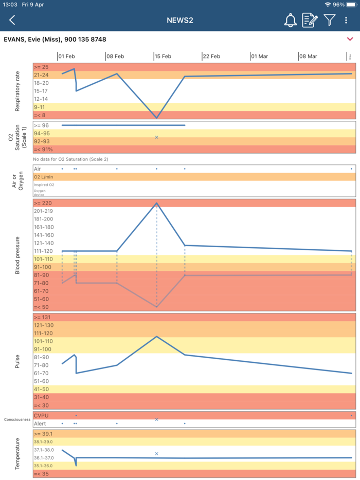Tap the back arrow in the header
(x=12, y=20)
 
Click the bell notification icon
(x=290, y=20)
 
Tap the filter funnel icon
(x=329, y=20)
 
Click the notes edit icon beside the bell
(x=310, y=20)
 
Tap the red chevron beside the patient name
(x=350, y=39)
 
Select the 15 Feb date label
(x=163, y=56)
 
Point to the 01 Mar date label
(x=260, y=56)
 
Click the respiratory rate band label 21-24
(x=41, y=75)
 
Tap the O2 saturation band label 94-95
(x=42, y=133)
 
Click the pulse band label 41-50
(x=41, y=389)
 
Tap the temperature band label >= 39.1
(x=43, y=434)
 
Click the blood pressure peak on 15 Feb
(x=156, y=203)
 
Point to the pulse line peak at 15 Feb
(x=156, y=336)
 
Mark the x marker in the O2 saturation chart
(x=156, y=137)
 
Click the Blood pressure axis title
(x=17, y=255)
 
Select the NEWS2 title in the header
(x=179, y=20)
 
